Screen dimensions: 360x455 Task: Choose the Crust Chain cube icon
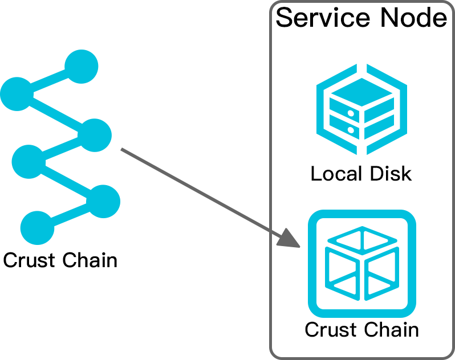point(361,264)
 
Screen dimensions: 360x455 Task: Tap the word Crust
point(328,329)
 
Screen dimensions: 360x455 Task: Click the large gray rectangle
point(198,197)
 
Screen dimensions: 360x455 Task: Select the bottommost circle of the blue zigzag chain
point(37,228)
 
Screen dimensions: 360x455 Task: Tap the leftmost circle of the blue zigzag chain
point(15,94)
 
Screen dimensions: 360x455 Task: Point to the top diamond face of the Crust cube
point(361,239)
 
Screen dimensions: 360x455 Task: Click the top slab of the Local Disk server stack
point(361,90)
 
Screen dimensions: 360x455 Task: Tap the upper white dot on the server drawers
point(350,114)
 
